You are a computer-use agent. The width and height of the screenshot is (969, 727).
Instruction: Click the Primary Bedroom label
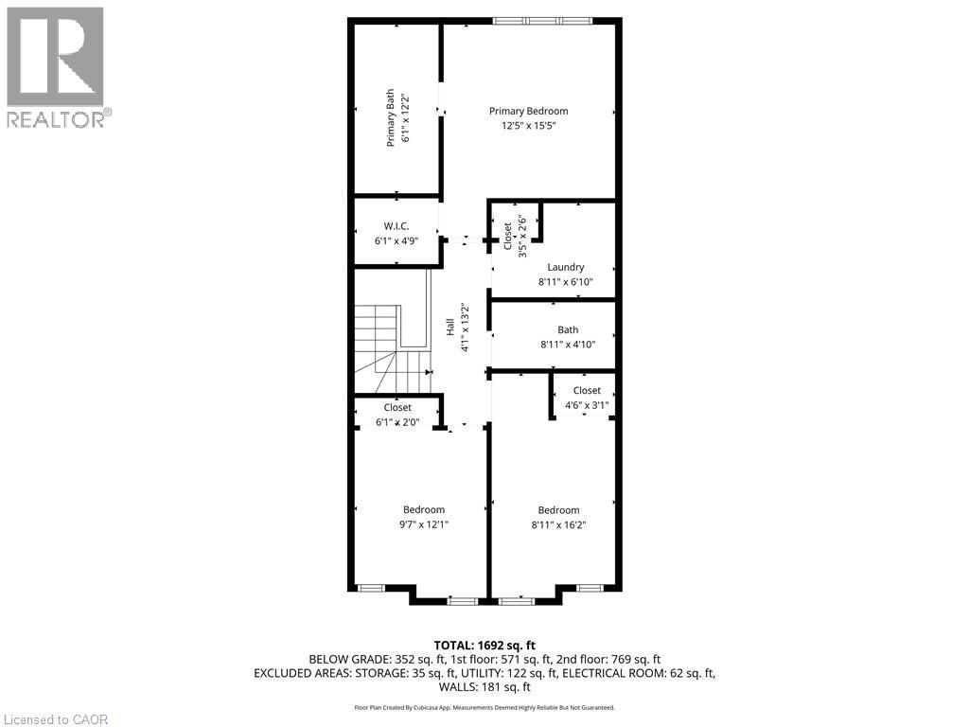(x=528, y=111)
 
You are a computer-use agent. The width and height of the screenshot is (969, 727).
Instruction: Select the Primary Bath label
(x=390, y=117)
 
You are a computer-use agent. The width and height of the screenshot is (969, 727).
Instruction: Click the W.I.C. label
(x=396, y=226)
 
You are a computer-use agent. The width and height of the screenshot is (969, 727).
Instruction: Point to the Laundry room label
(x=565, y=267)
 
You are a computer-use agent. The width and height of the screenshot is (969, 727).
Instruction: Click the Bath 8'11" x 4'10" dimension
(x=567, y=345)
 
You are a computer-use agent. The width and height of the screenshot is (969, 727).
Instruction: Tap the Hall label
(x=450, y=327)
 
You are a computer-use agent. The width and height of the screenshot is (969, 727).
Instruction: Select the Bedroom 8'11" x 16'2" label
(x=558, y=517)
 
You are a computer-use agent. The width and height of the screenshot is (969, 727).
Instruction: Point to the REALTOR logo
(x=56, y=67)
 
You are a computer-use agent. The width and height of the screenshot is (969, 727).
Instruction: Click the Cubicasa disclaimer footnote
(x=484, y=707)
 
